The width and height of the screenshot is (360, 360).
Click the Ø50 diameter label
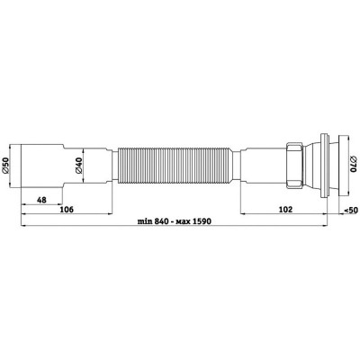pyautogui.click(x=5, y=166)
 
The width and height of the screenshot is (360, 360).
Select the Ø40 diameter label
pyautogui.click(x=78, y=166)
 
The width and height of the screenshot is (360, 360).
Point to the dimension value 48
pyautogui.click(x=41, y=200)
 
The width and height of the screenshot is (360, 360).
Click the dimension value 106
pyautogui.click(x=67, y=210)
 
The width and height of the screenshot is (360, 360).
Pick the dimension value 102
pyautogui.click(x=285, y=210)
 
